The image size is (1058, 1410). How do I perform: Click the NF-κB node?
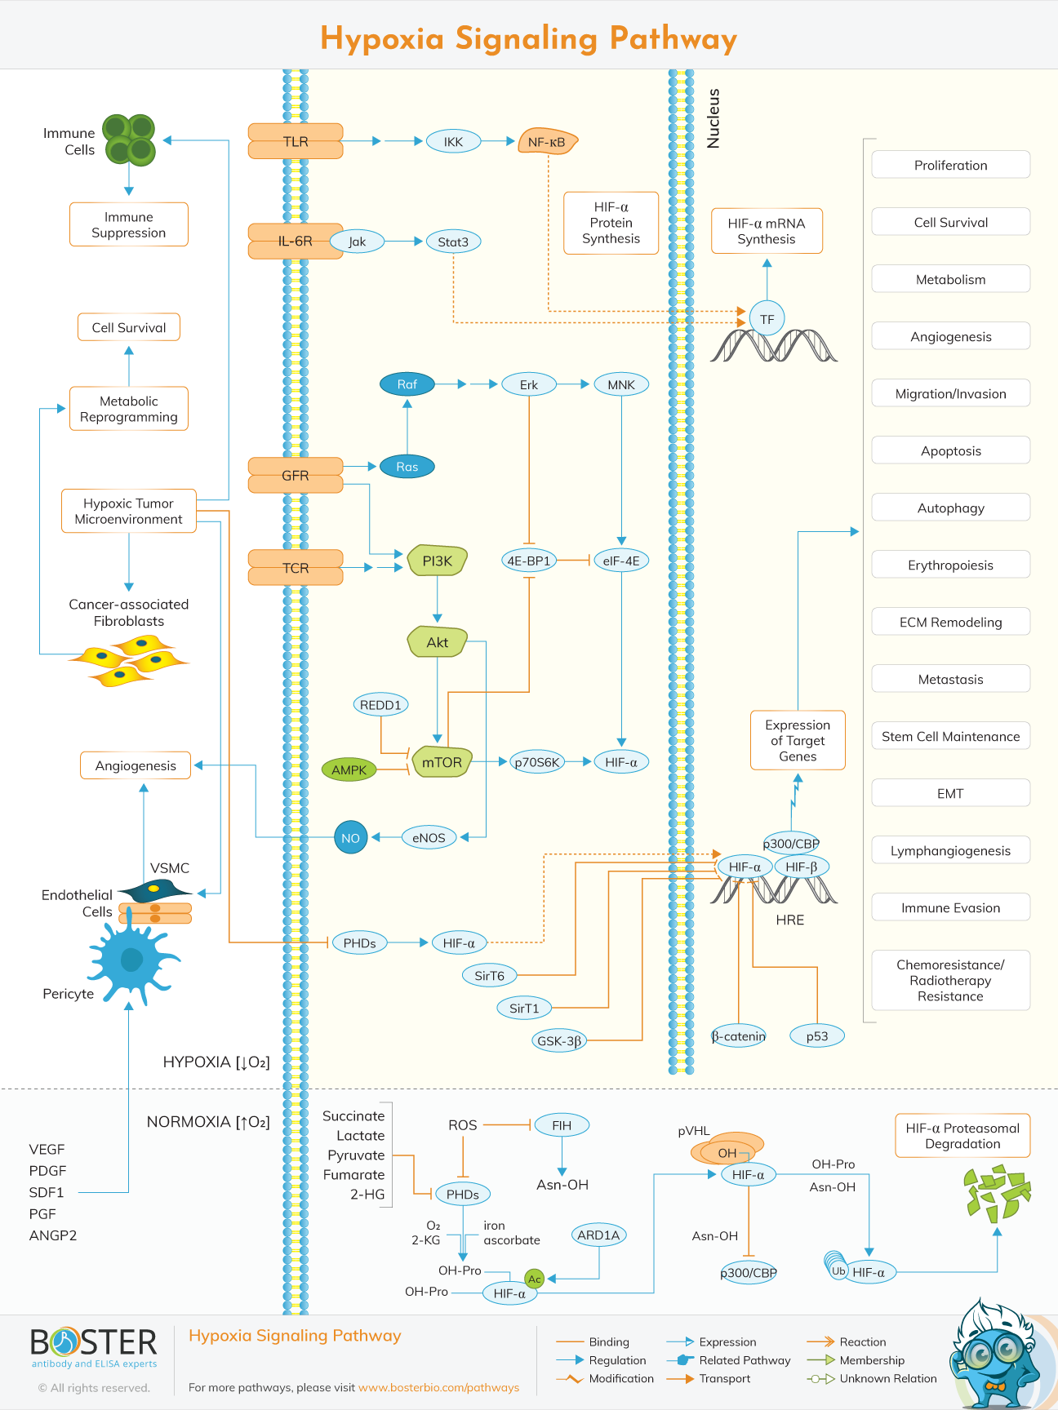click(x=547, y=142)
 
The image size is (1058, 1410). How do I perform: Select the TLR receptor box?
click(x=296, y=141)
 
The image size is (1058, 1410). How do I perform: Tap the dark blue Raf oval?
click(x=407, y=384)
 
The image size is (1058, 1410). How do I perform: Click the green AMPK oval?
click(x=349, y=769)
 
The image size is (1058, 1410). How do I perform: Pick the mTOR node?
click(x=442, y=762)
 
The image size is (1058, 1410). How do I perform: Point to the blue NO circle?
click(x=351, y=837)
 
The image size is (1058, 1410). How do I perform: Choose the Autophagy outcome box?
click(x=950, y=508)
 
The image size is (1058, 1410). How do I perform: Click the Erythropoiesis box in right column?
click(x=950, y=565)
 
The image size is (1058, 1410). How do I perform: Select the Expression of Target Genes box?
click(x=798, y=740)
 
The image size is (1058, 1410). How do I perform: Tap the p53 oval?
click(x=816, y=1036)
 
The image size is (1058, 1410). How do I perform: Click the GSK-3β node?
click(x=559, y=1041)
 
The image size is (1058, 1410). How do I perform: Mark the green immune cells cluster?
click(x=129, y=140)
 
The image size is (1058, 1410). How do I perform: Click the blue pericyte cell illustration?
click(x=131, y=959)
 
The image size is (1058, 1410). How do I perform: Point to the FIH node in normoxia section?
click(x=562, y=1125)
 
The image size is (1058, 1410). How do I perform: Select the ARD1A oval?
click(x=598, y=1235)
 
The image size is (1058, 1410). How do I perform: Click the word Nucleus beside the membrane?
click(x=713, y=118)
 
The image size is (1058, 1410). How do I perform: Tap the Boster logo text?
click(x=94, y=1342)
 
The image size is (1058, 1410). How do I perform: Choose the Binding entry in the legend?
click(x=609, y=1341)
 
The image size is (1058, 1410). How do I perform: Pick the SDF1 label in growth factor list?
click(x=47, y=1192)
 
